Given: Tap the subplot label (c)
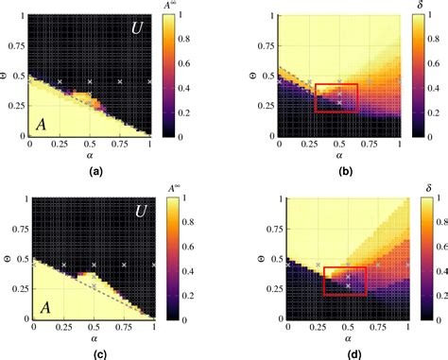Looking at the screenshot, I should pos(91,352).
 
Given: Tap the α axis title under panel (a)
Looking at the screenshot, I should pos(91,157).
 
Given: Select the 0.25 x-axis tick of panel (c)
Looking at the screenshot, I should pos(62,328).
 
